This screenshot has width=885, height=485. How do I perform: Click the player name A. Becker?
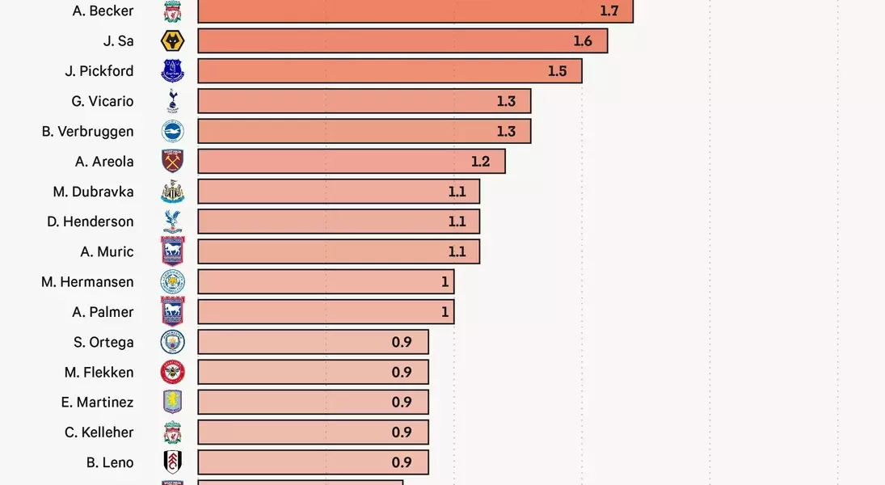tap(103, 11)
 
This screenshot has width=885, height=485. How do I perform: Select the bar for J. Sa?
tap(402, 41)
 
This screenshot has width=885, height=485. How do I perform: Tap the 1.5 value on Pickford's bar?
tap(557, 71)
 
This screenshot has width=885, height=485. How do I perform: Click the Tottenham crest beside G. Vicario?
tap(172, 101)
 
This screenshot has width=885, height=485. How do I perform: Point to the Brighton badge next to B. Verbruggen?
tap(172, 132)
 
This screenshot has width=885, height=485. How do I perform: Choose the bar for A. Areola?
tap(351, 162)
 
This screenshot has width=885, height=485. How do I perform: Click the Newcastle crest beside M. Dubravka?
tap(172, 192)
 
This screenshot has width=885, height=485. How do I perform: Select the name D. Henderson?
tap(91, 221)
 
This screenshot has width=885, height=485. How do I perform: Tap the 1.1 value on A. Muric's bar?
tap(457, 251)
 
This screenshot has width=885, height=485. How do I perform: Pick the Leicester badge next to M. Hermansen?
tap(172, 282)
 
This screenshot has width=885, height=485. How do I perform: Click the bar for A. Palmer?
tap(325, 312)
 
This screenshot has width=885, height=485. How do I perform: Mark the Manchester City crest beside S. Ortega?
tap(172, 342)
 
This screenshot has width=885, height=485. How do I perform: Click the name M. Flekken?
tap(99, 372)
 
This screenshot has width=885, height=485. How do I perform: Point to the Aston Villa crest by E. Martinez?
tap(172, 402)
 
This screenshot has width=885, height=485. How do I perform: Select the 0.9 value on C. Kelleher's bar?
tap(402, 432)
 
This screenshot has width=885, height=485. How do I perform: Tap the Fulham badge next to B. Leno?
tap(172, 462)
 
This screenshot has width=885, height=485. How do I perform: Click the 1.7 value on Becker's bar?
tap(609, 11)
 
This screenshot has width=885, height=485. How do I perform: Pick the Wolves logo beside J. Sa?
tap(172, 41)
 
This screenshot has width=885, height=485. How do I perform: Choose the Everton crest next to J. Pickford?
tap(172, 71)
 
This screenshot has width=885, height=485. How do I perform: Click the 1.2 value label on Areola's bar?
tap(480, 162)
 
